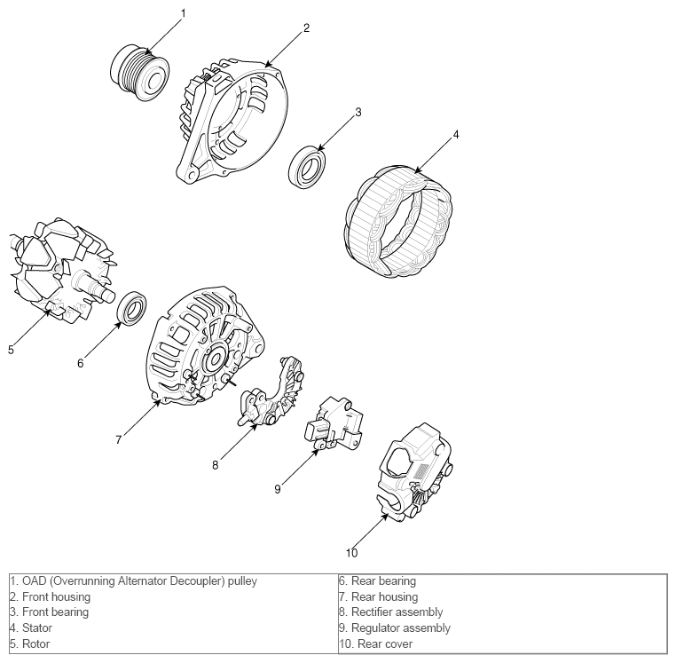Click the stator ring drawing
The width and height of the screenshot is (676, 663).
click(x=397, y=216)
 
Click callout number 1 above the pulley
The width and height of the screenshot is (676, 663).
click(x=184, y=13)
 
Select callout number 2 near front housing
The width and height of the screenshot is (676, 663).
click(x=306, y=28)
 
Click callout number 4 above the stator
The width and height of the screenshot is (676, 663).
click(x=456, y=135)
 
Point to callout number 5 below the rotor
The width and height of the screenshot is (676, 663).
click(x=11, y=350)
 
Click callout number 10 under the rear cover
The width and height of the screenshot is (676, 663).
click(x=351, y=553)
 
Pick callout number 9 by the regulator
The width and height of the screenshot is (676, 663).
click(x=277, y=488)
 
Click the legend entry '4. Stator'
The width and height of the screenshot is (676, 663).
click(x=30, y=627)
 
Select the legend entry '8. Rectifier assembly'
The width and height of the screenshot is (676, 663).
click(x=390, y=612)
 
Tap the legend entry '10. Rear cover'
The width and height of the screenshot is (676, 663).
click(x=375, y=643)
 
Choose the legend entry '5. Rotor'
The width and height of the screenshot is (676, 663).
click(x=29, y=643)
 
